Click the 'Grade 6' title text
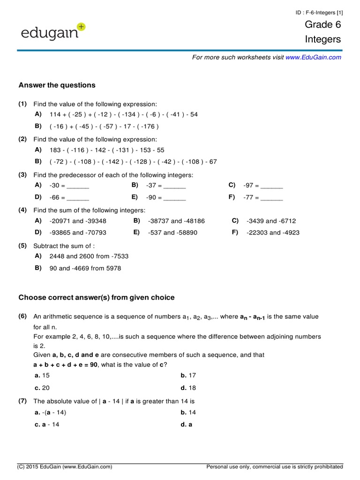[322, 25]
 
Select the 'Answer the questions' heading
[57, 85]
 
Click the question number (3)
[22, 175]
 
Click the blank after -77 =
[272, 197]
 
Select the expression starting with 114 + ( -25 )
[124, 114]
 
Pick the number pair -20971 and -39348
[78, 221]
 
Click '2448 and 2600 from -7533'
[89, 256]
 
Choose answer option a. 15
[42, 375]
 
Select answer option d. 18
[188, 388]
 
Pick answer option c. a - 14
[47, 425]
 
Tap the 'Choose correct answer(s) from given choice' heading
[97, 298]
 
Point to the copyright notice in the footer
[65, 467]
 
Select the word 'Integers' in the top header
[323, 40]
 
